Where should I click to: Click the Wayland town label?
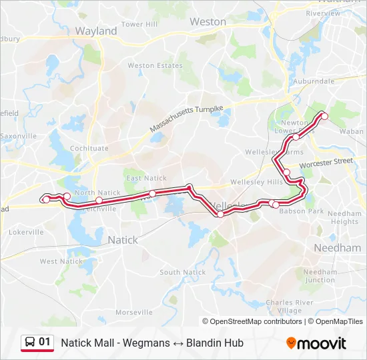(x=96, y=31)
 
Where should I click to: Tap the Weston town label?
(x=208, y=21)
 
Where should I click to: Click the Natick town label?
(x=122, y=239)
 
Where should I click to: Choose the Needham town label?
(x=337, y=247)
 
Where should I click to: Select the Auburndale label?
(x=313, y=81)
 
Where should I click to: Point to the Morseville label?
(x=134, y=312)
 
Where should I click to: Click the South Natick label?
(x=183, y=272)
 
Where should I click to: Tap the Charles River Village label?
(x=289, y=306)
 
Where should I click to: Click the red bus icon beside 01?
(x=30, y=343)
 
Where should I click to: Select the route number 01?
(x=45, y=342)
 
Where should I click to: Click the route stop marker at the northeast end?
(x=325, y=116)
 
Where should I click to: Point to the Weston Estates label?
(x=155, y=66)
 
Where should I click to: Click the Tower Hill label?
(x=139, y=24)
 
